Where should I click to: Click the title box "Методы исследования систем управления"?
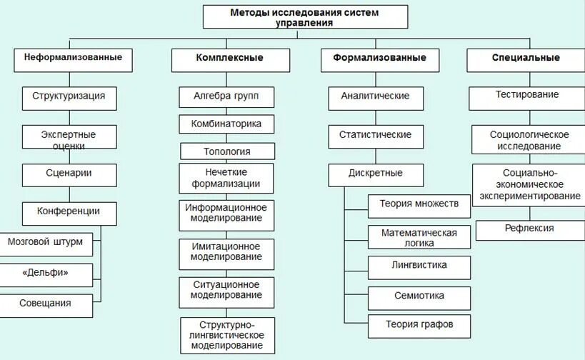tap(305, 17)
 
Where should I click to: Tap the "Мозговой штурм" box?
tap(45, 243)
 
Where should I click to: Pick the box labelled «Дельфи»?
tap(45, 274)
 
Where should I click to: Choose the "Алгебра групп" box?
tap(226, 96)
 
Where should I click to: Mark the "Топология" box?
tap(226, 151)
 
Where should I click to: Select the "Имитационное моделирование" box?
tap(226, 251)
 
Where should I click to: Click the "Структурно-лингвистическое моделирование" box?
tap(226, 334)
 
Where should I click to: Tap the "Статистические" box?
tap(375, 135)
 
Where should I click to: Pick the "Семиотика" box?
tap(419, 296)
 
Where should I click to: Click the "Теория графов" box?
tap(419, 325)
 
